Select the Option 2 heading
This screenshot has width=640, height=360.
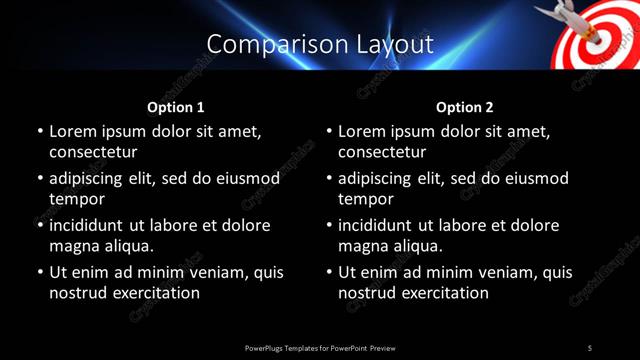click(x=465, y=106)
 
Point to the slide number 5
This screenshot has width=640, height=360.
click(x=590, y=347)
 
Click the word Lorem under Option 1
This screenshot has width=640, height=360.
click(x=75, y=131)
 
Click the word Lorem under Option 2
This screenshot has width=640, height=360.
click(x=365, y=131)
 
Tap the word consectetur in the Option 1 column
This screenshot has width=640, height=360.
click(x=93, y=153)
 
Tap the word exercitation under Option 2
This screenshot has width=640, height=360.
click(x=443, y=293)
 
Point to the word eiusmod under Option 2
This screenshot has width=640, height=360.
click(x=534, y=178)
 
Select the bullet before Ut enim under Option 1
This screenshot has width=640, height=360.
click(x=39, y=272)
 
